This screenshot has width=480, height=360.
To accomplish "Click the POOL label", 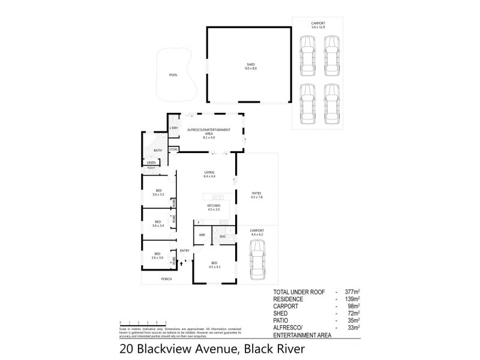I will click(173, 75).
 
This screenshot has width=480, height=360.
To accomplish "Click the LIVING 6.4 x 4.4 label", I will click(209, 175).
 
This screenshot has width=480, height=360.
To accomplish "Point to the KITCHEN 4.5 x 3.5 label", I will click(214, 208).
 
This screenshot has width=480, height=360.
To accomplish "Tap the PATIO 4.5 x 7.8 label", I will click(256, 194).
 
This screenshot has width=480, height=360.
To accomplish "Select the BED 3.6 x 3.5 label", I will click(158, 193).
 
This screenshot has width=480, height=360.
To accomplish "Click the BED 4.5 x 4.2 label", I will click(214, 264).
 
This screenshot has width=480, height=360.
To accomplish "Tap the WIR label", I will click(202, 236).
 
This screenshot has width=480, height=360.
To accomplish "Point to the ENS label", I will click(222, 236).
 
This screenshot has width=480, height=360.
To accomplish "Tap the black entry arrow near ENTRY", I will click(181, 262).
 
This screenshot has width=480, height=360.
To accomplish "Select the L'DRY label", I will click(174, 128).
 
